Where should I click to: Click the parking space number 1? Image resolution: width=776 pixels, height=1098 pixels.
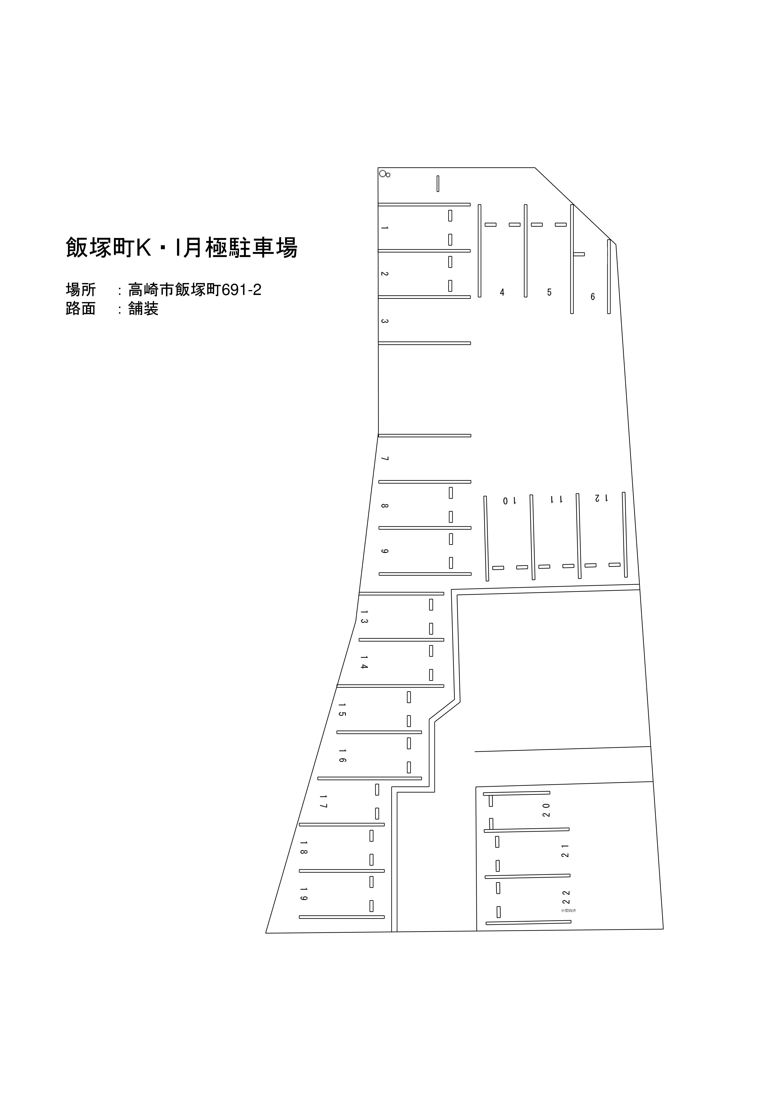[x=384, y=228]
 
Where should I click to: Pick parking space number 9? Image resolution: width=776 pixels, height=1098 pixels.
[x=384, y=551]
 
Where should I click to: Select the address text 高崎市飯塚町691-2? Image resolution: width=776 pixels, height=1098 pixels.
[x=195, y=290]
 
